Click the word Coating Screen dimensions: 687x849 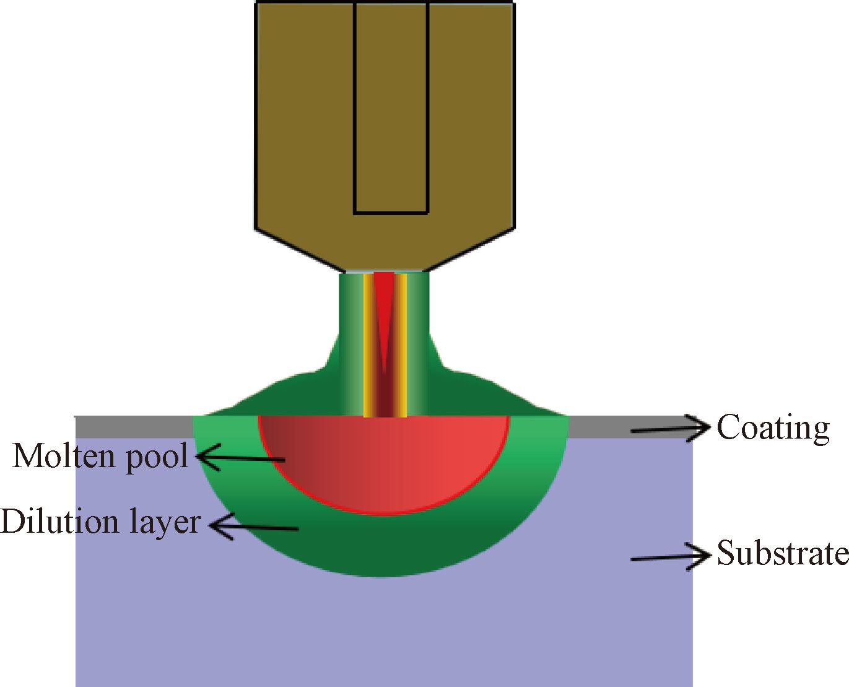773,428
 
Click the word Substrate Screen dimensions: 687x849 782,553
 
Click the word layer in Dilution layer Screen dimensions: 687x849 166,523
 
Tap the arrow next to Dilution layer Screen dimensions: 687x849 254,527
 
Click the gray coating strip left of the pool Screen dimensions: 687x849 133,427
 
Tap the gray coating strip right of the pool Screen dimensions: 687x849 598,427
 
